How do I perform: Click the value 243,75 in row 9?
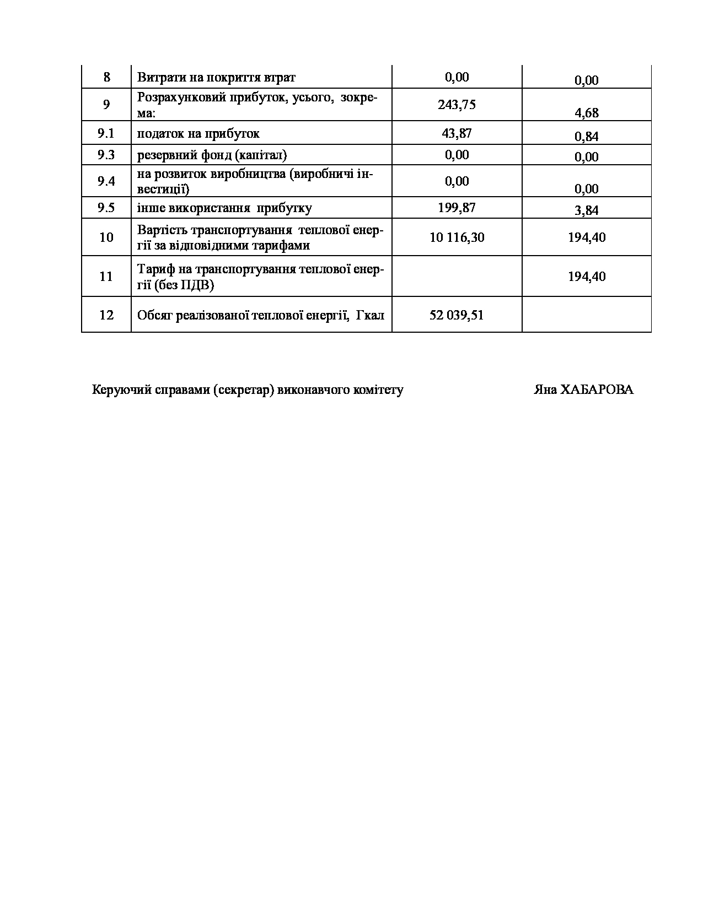[x=457, y=105]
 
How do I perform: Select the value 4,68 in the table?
[x=587, y=113]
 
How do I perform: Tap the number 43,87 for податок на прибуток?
[x=457, y=133]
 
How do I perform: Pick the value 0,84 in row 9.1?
[x=587, y=137]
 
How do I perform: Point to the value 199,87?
[x=457, y=208]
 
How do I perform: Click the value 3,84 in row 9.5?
[x=587, y=210]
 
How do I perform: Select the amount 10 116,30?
[x=457, y=237]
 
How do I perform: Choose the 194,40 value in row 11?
[x=587, y=276]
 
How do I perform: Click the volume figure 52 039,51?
[x=457, y=315]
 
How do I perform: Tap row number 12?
[x=106, y=315]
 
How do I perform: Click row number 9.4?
[x=106, y=181]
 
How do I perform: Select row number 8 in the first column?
[x=106, y=77]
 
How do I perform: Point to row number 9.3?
[x=106, y=155]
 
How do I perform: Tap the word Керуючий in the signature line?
[x=115, y=390]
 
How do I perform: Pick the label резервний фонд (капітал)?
[x=212, y=155]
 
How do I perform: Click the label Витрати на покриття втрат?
[x=216, y=77]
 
